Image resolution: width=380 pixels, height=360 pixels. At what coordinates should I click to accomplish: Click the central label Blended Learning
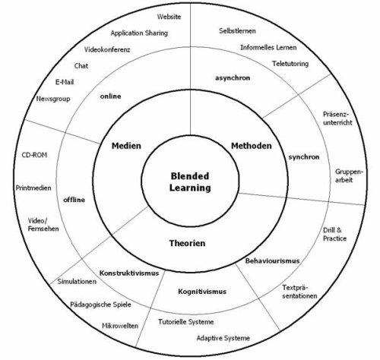tap(190, 182)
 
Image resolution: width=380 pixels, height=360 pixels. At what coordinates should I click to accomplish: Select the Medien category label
tap(126, 146)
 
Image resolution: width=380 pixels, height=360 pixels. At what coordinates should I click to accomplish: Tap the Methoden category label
tap(252, 146)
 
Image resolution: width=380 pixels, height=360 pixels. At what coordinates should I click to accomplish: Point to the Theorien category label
tap(187, 243)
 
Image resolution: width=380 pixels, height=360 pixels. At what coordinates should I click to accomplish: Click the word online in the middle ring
tap(110, 96)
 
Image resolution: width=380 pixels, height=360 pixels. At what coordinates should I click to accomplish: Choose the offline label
tap(74, 200)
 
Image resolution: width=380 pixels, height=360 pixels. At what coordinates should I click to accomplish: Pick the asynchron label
tap(233, 78)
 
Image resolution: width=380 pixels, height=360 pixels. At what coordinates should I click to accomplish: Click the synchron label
tap(304, 157)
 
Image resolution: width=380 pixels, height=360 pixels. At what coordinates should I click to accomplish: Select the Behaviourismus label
tap(272, 261)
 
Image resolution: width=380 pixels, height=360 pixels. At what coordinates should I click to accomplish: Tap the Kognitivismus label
tap(202, 292)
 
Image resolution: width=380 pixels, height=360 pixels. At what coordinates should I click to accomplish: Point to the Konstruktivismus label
tap(129, 273)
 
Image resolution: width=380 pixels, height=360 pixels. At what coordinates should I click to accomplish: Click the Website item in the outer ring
tap(169, 17)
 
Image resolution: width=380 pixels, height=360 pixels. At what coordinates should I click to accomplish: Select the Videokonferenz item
tap(107, 49)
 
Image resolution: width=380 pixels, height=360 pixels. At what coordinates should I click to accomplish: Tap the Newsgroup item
tap(53, 99)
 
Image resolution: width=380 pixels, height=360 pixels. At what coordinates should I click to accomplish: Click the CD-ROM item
tap(34, 155)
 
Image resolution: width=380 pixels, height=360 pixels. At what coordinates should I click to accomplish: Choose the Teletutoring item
tap(290, 64)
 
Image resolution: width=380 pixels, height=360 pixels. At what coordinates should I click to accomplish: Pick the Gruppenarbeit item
tap(349, 176)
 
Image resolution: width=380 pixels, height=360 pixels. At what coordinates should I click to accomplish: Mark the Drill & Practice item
tap(334, 235)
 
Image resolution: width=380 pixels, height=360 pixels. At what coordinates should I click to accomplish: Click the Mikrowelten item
tap(120, 326)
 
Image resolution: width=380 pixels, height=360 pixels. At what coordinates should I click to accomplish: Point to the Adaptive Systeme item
tap(223, 338)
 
